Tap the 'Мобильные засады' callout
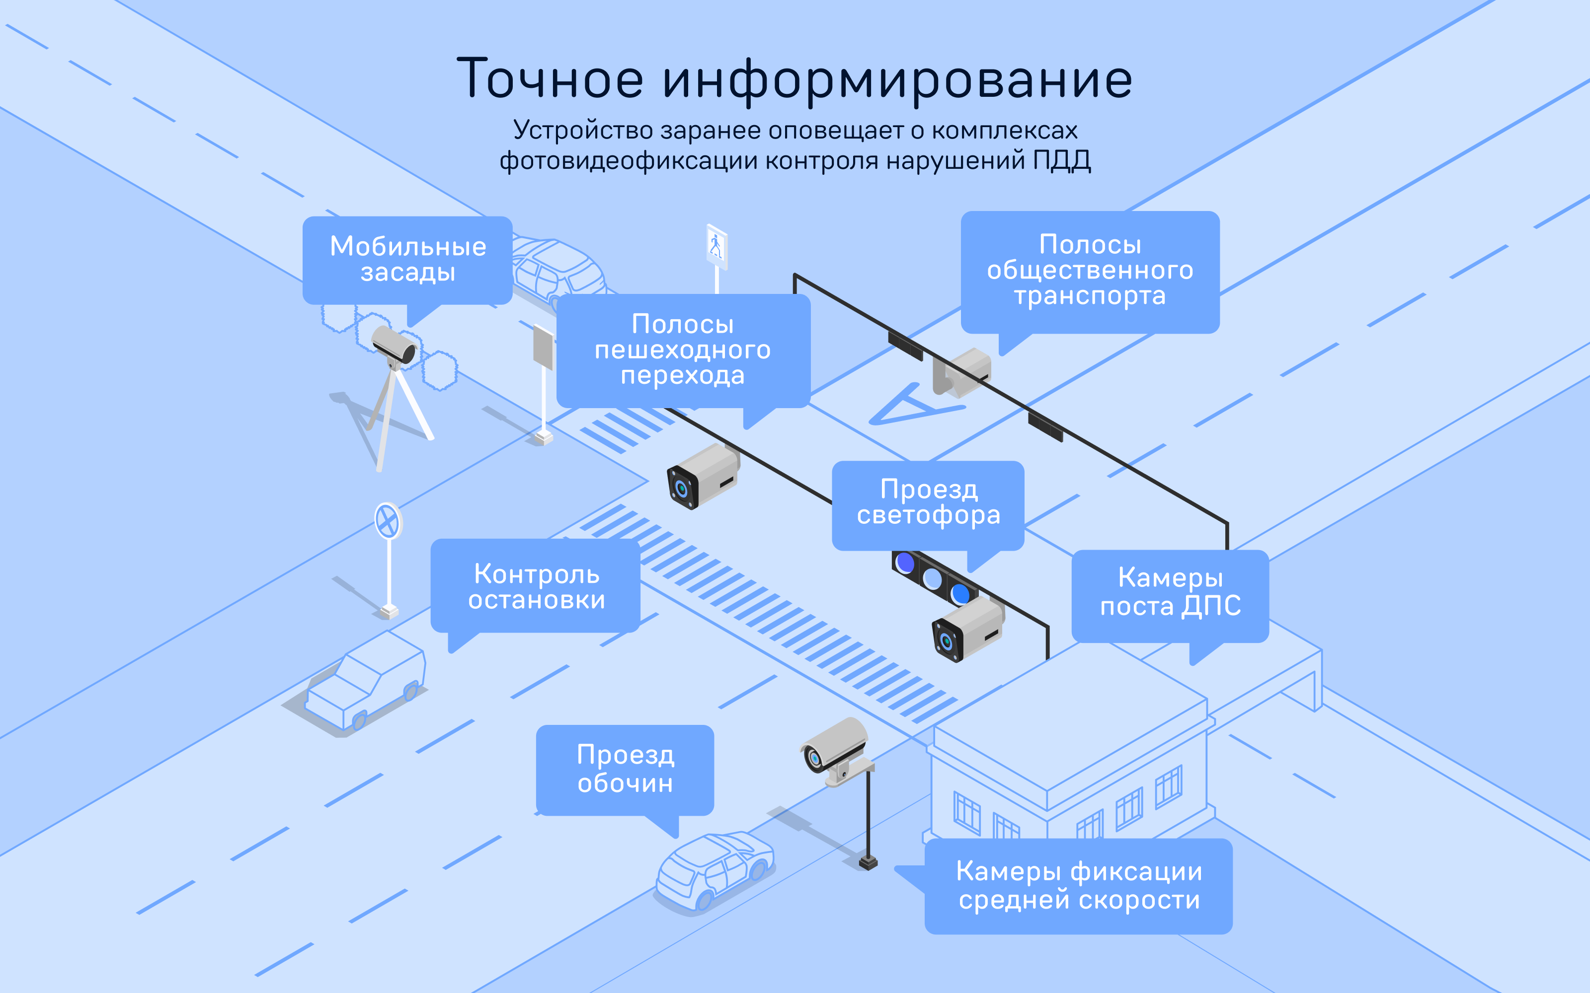pos(407,259)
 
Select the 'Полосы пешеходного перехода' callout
pos(683,350)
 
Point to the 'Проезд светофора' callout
pos(928,503)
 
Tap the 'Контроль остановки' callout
pos(536,586)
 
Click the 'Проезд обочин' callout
pos(625,769)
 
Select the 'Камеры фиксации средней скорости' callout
pos(1078,885)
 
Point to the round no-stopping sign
pos(388,521)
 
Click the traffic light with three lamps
pos(933,578)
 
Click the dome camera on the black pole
pos(834,749)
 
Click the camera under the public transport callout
pos(962,372)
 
